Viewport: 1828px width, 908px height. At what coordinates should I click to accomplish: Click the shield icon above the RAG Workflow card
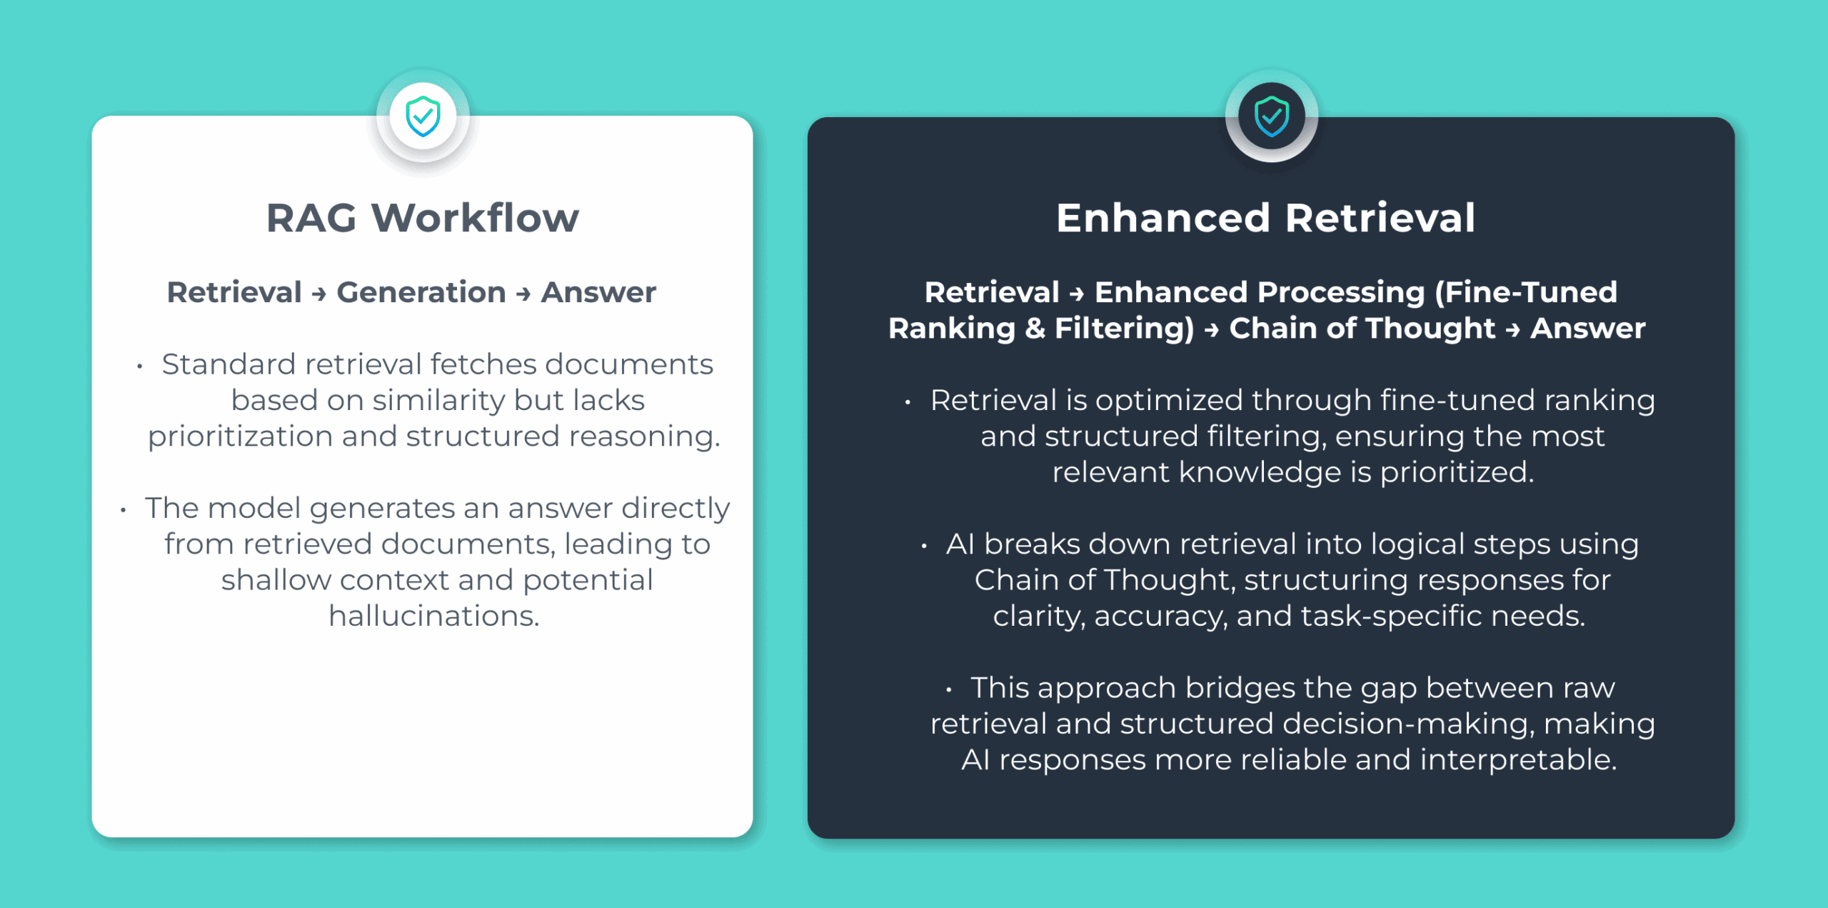pyautogui.click(x=423, y=116)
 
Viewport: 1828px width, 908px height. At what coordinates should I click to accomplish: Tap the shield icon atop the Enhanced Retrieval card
pyautogui.click(x=1272, y=116)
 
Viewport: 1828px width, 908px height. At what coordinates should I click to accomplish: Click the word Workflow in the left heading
pyautogui.click(x=475, y=218)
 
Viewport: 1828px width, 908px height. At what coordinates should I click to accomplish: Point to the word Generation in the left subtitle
pyautogui.click(x=421, y=292)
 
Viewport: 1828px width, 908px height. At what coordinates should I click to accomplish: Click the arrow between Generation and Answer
pyautogui.click(x=523, y=294)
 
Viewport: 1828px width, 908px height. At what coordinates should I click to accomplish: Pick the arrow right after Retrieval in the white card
pyautogui.click(x=319, y=294)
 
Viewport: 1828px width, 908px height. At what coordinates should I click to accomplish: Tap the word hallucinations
pyautogui.click(x=433, y=616)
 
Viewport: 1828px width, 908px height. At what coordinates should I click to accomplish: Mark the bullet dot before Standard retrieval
pyautogui.click(x=140, y=366)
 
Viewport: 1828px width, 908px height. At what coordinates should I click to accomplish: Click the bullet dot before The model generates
pyautogui.click(x=124, y=510)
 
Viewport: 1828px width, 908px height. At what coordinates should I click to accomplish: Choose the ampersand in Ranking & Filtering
pyautogui.click(x=1035, y=329)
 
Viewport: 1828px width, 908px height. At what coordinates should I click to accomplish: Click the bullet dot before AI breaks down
pyautogui.click(x=924, y=547)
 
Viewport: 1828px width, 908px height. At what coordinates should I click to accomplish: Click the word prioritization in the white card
pyautogui.click(x=240, y=436)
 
